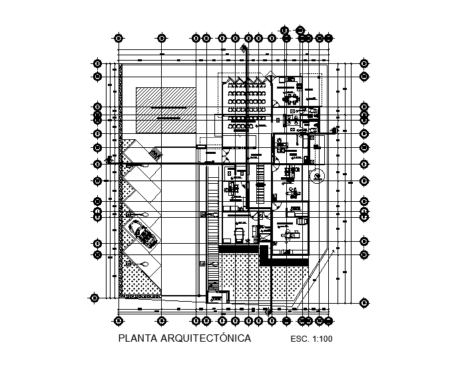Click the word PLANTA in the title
click(135, 339)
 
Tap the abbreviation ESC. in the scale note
click(301, 340)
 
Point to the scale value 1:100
click(323, 340)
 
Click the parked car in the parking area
click(144, 234)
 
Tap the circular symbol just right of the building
click(318, 176)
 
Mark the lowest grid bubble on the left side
click(95, 298)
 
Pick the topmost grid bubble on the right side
click(363, 64)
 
